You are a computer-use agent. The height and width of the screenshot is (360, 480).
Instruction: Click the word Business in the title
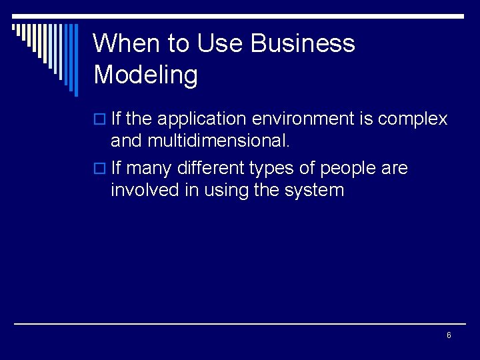pos(303,44)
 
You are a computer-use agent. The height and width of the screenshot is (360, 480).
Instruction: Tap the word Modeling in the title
pos(145,75)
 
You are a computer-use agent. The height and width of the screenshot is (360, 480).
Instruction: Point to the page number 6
pos(449,335)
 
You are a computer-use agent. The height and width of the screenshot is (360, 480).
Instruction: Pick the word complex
pos(412,119)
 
